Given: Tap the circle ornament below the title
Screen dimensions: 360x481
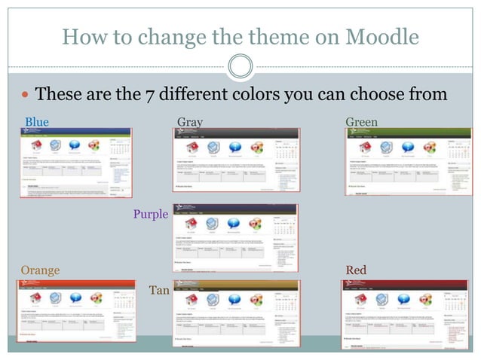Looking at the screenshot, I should pos(240,67).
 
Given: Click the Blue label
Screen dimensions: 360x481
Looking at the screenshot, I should pos(36,122).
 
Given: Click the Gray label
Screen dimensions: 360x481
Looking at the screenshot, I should pos(189,122).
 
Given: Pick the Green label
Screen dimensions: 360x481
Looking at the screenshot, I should pos(361,122).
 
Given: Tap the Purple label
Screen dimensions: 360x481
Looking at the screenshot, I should pos(151,215).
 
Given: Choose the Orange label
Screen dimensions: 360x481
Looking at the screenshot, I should pos(40,270).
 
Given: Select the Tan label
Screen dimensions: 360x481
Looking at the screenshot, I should pos(159,290).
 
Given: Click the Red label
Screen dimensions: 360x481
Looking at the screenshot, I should pos(355,270).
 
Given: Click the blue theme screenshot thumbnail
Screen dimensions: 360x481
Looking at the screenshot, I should pos(75,162).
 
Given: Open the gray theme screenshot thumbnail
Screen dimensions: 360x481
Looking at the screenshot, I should pos(235,160).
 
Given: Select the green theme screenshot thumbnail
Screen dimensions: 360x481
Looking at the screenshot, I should pos(408,162).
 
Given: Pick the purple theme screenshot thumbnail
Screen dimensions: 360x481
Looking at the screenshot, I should pos(235,237).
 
